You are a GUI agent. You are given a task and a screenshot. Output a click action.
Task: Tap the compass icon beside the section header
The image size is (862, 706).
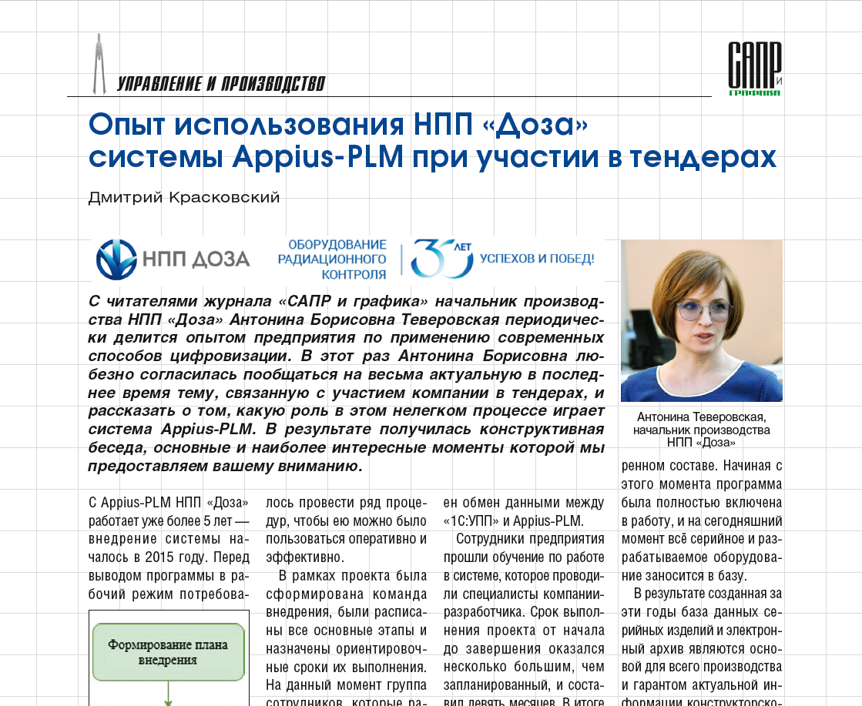[x=98, y=63]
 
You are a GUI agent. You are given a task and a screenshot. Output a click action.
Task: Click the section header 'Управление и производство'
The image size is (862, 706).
[x=221, y=84]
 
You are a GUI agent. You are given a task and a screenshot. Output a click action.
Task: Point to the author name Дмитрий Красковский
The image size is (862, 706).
[x=184, y=198]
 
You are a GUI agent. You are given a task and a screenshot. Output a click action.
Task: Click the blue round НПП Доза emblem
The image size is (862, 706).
[x=116, y=259]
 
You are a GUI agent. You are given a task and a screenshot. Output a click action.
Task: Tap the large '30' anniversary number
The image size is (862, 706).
[x=440, y=258]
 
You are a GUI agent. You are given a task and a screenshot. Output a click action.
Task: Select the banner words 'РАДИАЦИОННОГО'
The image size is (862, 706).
[x=332, y=259]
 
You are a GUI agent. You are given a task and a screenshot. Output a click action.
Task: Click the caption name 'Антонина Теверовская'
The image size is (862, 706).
[x=701, y=417]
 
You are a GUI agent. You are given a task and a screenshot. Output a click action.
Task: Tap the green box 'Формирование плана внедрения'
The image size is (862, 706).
[x=169, y=653]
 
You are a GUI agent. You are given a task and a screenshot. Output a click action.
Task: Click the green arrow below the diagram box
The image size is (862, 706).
[x=168, y=697]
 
